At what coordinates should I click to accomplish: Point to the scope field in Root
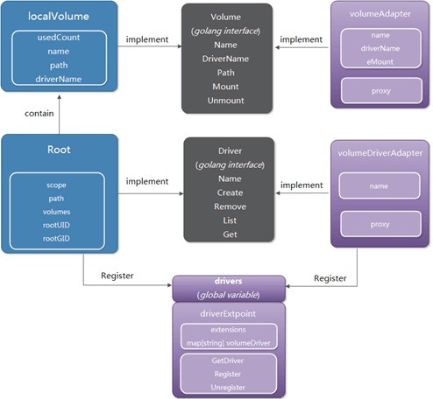(57, 185)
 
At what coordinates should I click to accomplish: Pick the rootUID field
(57, 225)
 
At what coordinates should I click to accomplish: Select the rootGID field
(57, 237)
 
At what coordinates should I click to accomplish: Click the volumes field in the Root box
(57, 212)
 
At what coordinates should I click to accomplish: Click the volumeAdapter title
(380, 13)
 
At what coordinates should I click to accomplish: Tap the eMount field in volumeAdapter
(380, 61)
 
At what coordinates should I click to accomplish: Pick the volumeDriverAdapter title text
(380, 153)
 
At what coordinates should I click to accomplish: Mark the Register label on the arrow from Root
(117, 275)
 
